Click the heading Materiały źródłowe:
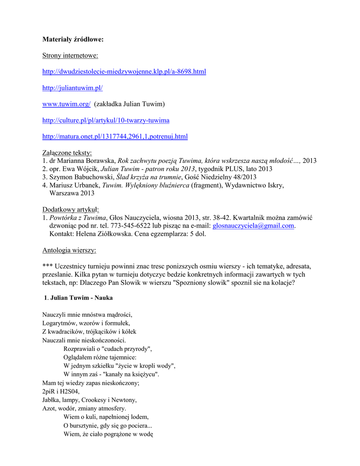[x=73, y=40]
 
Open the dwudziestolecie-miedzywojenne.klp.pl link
[x=124, y=71]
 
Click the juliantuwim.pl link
[x=72, y=88]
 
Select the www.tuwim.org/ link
[x=66, y=104]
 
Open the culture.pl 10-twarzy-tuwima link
[x=106, y=120]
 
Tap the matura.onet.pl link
[x=115, y=137]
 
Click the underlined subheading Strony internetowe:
[x=70, y=56]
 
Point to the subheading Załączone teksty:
[x=67, y=153]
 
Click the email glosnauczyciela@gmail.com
[x=253, y=226]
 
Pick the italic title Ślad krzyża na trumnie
[x=149, y=177]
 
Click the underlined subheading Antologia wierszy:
[x=69, y=250]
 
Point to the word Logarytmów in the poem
[x=59, y=323]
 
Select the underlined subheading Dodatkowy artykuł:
[x=71, y=209]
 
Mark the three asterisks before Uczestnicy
[x=47, y=267]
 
